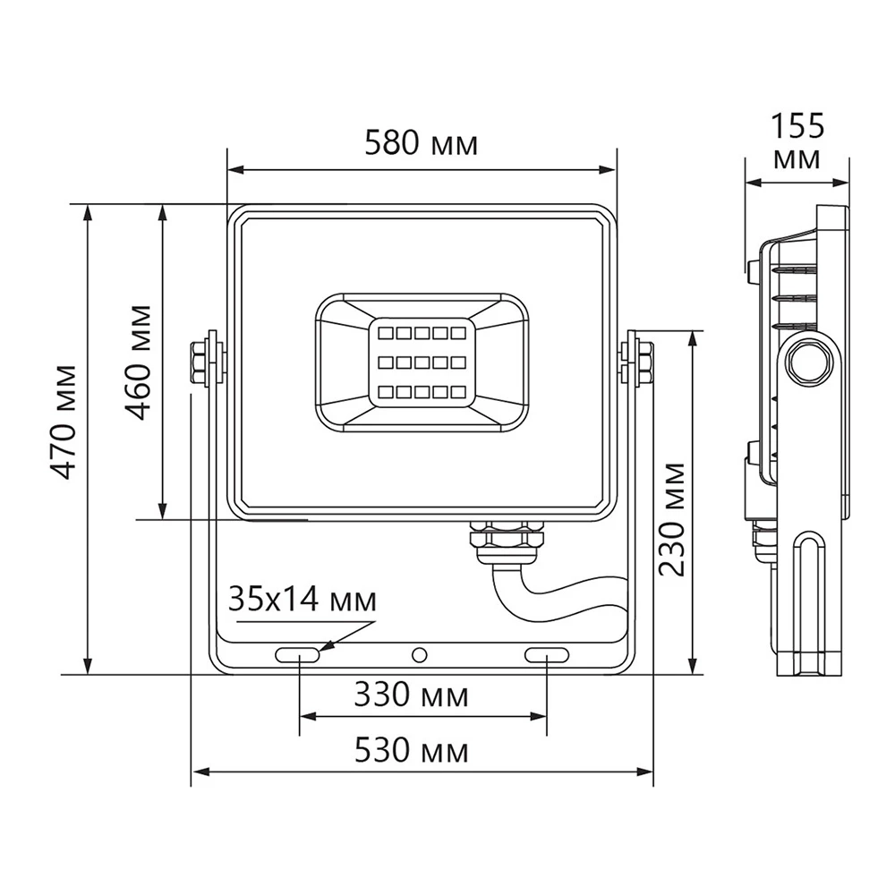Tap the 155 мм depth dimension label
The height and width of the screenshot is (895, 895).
(x=797, y=141)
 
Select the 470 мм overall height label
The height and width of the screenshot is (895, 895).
(x=63, y=422)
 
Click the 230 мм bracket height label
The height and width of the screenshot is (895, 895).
(x=671, y=519)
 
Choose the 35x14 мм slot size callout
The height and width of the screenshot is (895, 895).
(x=303, y=600)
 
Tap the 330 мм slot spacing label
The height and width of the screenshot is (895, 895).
(x=411, y=695)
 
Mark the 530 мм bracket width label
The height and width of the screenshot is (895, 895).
(x=411, y=750)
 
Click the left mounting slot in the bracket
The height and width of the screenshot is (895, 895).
(x=297, y=655)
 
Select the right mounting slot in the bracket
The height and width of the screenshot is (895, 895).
(x=547, y=655)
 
